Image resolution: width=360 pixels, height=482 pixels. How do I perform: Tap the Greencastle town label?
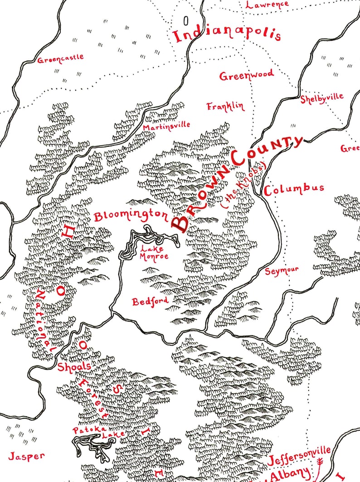(61, 58)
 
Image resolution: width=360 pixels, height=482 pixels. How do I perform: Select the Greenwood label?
(247, 75)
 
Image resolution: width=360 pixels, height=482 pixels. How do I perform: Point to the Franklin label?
(225, 106)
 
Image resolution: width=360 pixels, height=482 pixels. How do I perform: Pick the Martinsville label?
(166, 125)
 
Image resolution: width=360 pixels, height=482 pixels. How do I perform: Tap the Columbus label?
(294, 189)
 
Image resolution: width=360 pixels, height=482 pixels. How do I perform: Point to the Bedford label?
(150, 301)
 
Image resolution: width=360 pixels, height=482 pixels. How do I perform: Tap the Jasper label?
(26, 456)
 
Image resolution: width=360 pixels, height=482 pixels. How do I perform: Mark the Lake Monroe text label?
(154, 252)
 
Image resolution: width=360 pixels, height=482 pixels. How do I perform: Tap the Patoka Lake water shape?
(91, 446)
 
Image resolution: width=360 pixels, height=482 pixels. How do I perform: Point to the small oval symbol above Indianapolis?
(185, 20)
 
